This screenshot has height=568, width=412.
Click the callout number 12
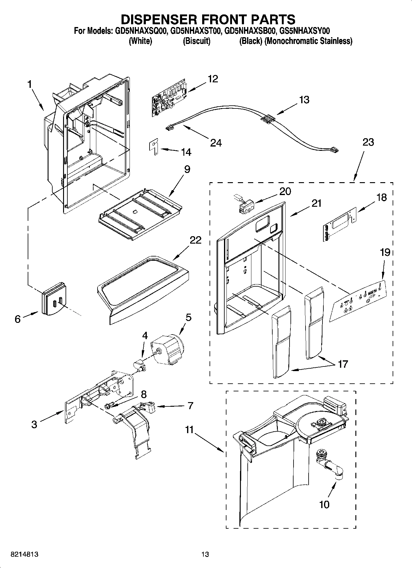click(213, 79)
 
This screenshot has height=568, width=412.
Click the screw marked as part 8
click(109, 406)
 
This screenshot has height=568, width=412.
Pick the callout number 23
click(368, 142)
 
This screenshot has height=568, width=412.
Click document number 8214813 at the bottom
click(24, 554)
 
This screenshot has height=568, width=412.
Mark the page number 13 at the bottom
click(205, 554)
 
